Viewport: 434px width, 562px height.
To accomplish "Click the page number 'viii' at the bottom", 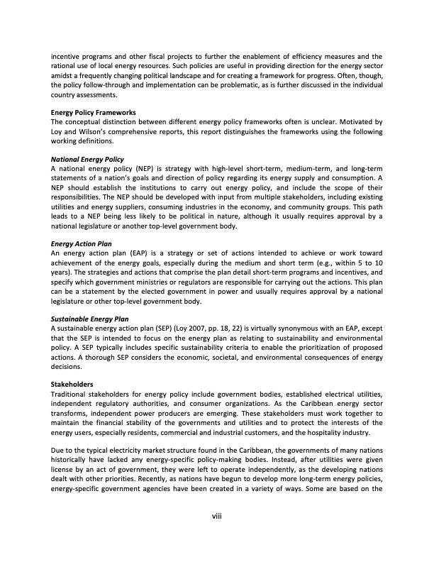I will pyautogui.click(x=217, y=514).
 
